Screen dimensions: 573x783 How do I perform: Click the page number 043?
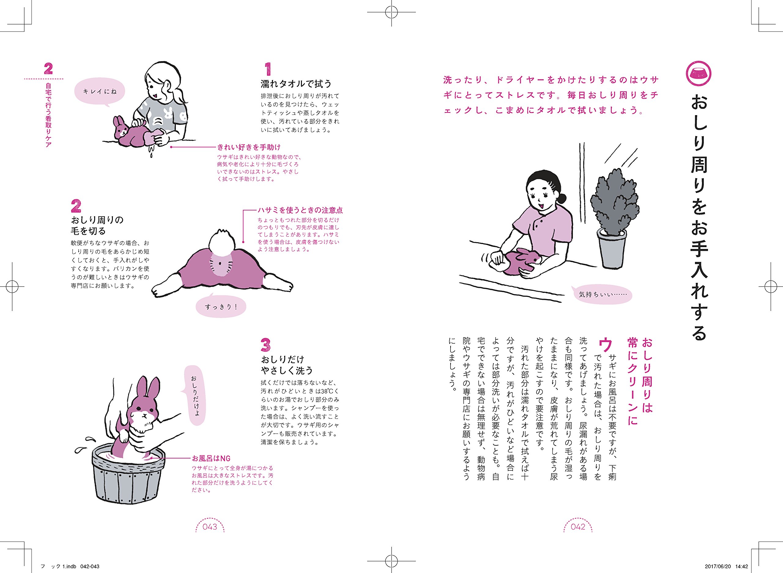(x=210, y=527)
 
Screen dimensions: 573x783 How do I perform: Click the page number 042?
(x=578, y=527)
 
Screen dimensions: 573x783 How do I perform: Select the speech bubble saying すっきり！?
(x=221, y=307)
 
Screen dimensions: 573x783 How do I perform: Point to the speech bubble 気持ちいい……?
(x=603, y=294)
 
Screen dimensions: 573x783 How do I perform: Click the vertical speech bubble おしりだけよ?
(x=195, y=396)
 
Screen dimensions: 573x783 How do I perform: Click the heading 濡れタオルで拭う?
(x=296, y=84)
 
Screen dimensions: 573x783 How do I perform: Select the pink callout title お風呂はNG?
(x=211, y=458)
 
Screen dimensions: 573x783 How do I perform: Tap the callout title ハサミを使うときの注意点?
(x=300, y=210)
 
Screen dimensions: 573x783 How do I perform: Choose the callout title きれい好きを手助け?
(x=249, y=147)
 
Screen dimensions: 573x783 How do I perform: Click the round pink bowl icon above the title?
(x=699, y=73)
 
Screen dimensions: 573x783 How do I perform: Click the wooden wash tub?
(x=128, y=479)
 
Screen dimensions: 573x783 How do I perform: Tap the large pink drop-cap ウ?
(x=605, y=345)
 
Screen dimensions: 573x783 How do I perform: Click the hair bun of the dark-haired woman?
(x=562, y=199)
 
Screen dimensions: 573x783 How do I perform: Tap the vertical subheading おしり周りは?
(x=647, y=375)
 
